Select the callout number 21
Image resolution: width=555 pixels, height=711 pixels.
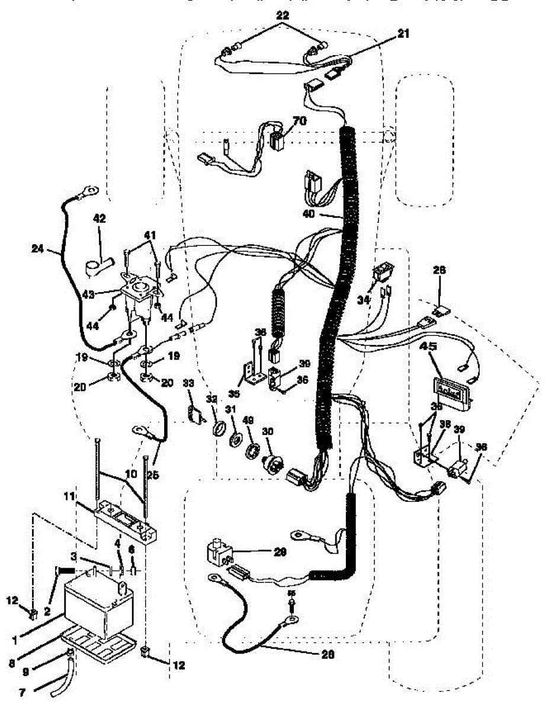click(403, 34)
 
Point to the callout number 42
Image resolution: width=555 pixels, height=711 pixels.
click(99, 219)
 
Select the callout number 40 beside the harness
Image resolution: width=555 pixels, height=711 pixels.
click(309, 214)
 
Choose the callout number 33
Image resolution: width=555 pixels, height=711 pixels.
click(189, 383)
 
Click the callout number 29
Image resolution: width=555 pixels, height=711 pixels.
click(280, 552)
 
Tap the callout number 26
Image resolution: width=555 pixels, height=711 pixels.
click(439, 270)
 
